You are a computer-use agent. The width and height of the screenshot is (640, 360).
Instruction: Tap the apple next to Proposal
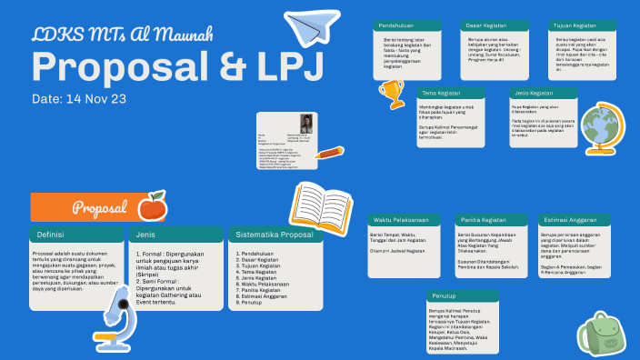point(151,206)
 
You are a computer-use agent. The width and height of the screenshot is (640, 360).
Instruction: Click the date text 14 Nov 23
point(78,98)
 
